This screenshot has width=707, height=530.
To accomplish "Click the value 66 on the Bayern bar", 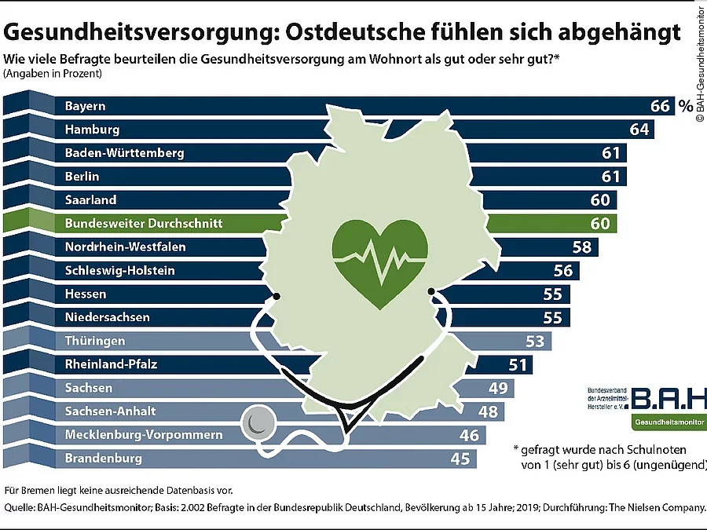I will pos(661,106).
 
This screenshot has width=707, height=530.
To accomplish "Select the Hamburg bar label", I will pos(92,130).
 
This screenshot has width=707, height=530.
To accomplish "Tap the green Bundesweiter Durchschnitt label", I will pos(143,224).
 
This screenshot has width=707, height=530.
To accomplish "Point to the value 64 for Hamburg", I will pos(639,130).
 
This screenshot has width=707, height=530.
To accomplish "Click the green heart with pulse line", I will pos(381,252).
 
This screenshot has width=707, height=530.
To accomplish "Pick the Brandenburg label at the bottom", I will pos(103,458).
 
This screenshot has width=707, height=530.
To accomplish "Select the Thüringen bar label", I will pos(94,342).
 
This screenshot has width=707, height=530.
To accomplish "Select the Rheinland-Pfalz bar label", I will pos(112,364).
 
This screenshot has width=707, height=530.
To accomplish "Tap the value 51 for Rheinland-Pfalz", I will pos(517,365).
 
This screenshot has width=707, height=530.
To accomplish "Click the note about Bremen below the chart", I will pos(119,489).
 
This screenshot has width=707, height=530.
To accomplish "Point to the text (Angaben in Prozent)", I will pos(53,74).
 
